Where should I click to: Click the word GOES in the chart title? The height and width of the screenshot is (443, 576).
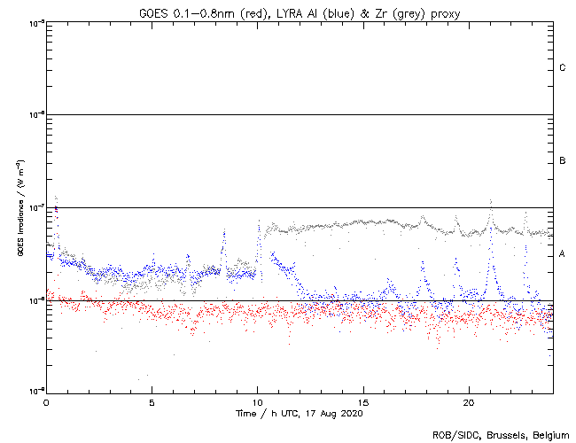pos(153,12)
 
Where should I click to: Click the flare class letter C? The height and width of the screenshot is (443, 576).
pos(563,68)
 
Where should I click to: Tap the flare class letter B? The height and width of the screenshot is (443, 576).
pos(563,161)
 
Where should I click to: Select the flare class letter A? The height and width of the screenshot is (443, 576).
pos(563,254)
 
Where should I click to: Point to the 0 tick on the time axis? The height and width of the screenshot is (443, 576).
pos(46,402)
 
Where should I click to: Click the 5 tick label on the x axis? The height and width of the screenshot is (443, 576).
pos(152,402)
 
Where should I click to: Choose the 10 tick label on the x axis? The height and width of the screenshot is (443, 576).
pos(257,402)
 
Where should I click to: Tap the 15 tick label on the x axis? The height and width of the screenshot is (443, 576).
pos(363,402)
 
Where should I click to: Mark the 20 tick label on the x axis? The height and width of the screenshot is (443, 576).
pos(469,402)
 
